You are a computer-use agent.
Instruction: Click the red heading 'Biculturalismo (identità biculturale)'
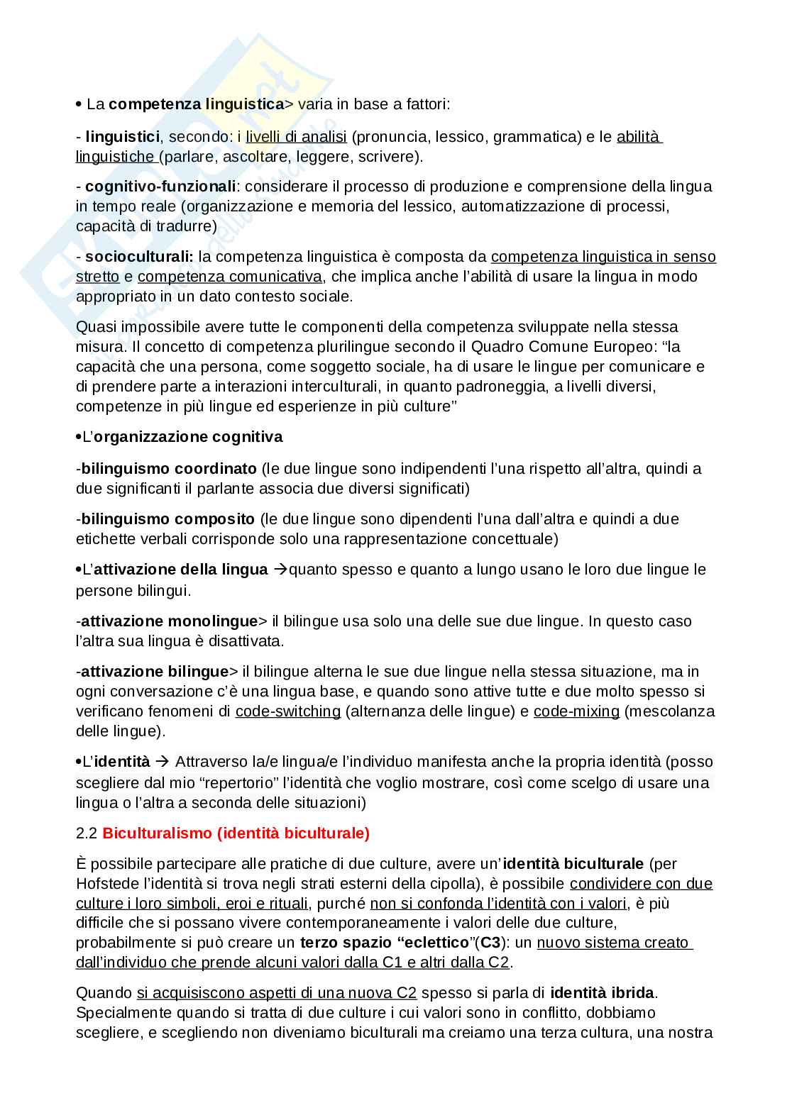236,833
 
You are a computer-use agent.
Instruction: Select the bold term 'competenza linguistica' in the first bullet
196,104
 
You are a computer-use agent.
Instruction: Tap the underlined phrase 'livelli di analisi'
296,136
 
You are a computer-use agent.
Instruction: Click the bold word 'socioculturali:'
139,256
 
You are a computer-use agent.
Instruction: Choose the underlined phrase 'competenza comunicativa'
230,276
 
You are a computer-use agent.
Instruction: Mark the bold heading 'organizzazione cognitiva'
188,437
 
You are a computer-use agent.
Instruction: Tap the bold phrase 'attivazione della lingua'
181,570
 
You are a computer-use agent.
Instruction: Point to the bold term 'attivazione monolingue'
169,621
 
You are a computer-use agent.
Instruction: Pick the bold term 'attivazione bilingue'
155,671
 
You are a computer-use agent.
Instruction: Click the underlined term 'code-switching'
288,711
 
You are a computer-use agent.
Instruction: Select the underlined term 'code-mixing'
576,711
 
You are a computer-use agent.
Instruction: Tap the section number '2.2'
87,833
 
